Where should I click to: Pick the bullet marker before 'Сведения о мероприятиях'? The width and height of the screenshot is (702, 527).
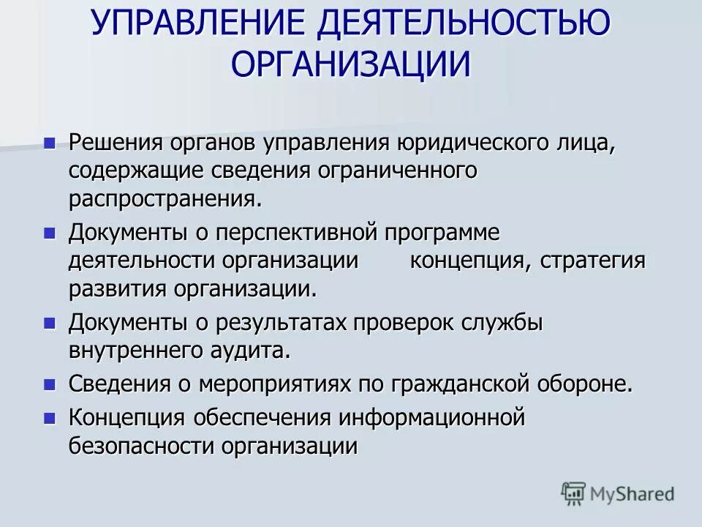coord(50,384)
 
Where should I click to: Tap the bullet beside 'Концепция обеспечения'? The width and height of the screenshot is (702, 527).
coord(50,418)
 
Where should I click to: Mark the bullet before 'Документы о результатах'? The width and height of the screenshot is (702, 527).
coord(50,322)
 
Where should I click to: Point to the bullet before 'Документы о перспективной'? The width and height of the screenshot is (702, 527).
coord(50,233)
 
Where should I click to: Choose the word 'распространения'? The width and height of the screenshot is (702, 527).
coord(164,198)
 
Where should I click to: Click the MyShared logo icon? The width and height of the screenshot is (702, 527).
coord(574,494)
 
